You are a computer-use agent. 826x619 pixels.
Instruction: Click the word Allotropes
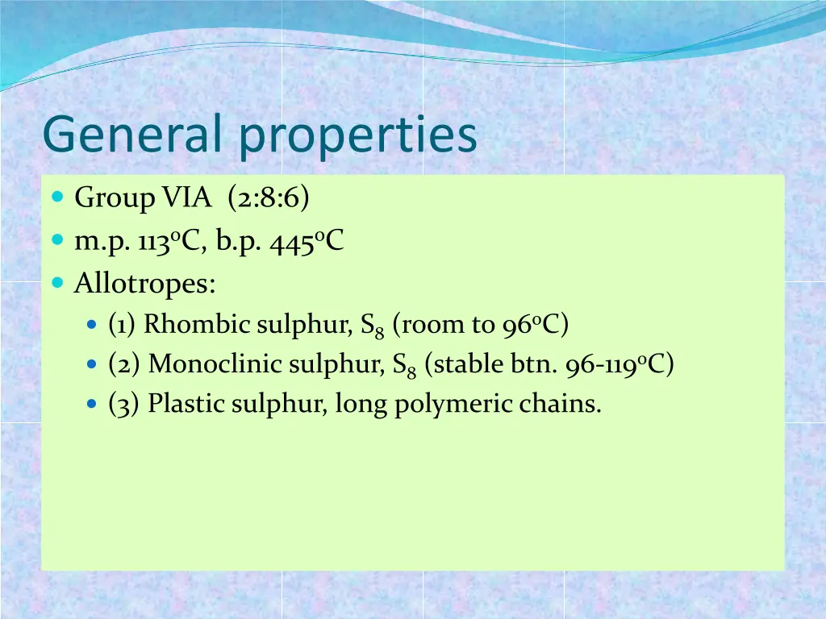click(145, 284)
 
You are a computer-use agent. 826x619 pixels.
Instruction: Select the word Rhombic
click(198, 324)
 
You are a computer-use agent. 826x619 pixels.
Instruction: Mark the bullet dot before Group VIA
click(57, 197)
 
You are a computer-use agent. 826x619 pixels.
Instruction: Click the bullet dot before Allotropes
click(57, 283)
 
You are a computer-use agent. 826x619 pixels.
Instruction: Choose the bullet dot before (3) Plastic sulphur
click(91, 402)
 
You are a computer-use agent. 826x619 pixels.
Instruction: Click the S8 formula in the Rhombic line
click(372, 326)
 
